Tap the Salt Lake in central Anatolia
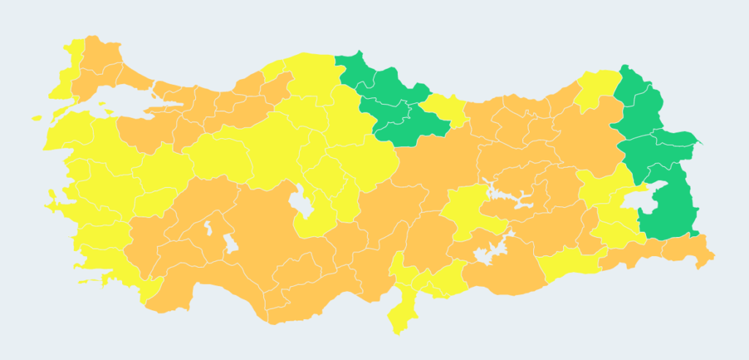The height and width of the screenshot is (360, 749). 299,198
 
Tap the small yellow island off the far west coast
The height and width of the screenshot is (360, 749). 37,117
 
